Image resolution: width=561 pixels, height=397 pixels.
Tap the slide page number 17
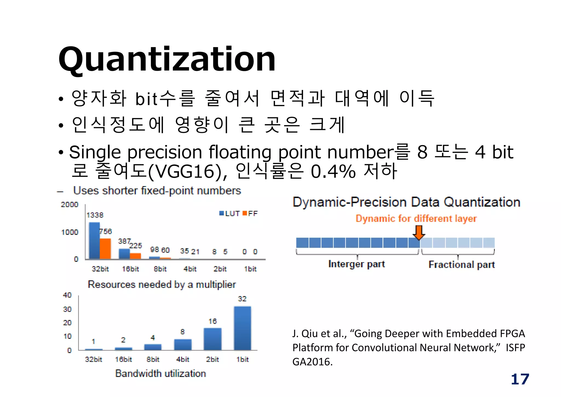click(x=520, y=379)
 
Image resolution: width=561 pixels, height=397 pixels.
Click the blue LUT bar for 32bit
click(x=94, y=241)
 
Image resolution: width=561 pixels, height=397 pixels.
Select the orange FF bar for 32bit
click(x=105, y=249)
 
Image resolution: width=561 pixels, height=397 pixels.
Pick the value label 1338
click(x=95, y=215)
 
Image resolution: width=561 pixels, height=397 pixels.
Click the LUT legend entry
click(x=230, y=214)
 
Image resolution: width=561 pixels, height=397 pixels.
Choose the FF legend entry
click(x=250, y=214)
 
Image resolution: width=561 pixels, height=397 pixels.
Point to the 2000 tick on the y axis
click(x=69, y=205)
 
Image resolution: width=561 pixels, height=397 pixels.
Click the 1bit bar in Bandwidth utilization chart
click(x=242, y=328)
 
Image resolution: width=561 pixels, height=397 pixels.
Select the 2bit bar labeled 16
click(x=213, y=339)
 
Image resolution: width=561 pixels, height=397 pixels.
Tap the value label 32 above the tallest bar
click(x=242, y=299)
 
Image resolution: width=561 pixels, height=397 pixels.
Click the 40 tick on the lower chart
click(x=67, y=295)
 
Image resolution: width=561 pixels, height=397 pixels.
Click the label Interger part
click(x=356, y=264)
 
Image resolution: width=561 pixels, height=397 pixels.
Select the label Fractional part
click(x=462, y=265)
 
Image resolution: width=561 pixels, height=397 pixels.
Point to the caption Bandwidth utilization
click(x=161, y=373)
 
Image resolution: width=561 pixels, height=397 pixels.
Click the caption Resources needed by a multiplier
click(x=162, y=285)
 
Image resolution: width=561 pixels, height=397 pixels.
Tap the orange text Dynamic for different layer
click(x=416, y=219)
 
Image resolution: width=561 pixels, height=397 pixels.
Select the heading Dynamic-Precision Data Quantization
click(x=406, y=202)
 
